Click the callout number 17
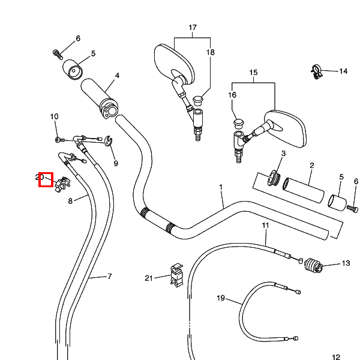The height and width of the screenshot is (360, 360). pos(193,28)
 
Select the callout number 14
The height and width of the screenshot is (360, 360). pos(343,71)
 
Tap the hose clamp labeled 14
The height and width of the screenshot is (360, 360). pos(317,71)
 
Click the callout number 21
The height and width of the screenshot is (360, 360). pos(149,277)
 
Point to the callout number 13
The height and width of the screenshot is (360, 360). pos(346,263)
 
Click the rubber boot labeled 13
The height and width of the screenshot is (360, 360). pos(314,265)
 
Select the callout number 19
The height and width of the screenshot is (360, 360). pos(221,298)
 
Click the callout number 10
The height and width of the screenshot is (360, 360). pos(54,116)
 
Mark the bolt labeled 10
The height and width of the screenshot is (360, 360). pos(59,139)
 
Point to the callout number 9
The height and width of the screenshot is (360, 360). pos(115,163)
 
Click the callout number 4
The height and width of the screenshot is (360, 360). pos(118,76)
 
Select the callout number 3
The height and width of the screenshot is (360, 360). pos(283,154)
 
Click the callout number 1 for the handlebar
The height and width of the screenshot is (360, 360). pos(221,187)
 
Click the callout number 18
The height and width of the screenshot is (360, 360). pos(211,53)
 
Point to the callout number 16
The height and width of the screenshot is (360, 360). pos(232,95)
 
